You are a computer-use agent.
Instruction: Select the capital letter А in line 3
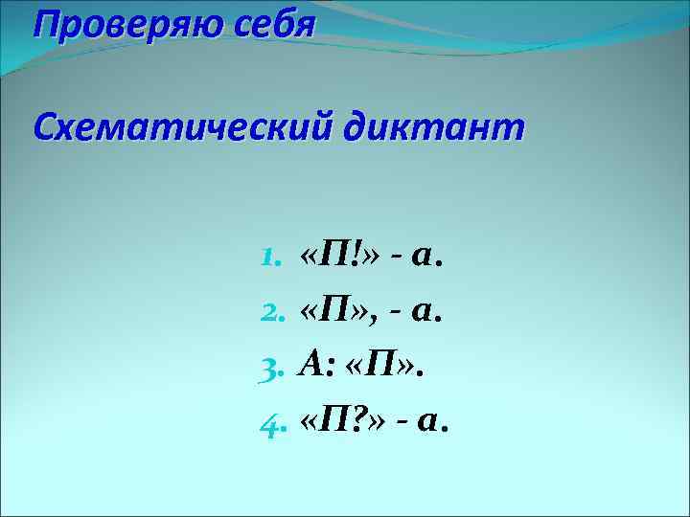tap(314, 364)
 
